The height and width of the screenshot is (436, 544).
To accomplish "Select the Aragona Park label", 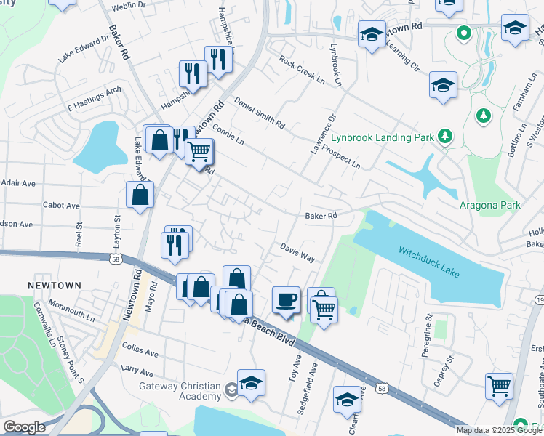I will pos(489,206).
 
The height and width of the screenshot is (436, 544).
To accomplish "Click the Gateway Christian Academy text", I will pos(180,390).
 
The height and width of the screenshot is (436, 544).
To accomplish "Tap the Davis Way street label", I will pos(297,253).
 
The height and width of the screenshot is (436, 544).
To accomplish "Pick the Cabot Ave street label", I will pos(61,206).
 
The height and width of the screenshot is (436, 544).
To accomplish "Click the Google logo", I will pos(25,427).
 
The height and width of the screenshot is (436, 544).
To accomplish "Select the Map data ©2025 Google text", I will pos(499,430).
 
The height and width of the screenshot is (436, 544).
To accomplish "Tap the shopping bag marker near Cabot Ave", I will pos(140,195).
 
